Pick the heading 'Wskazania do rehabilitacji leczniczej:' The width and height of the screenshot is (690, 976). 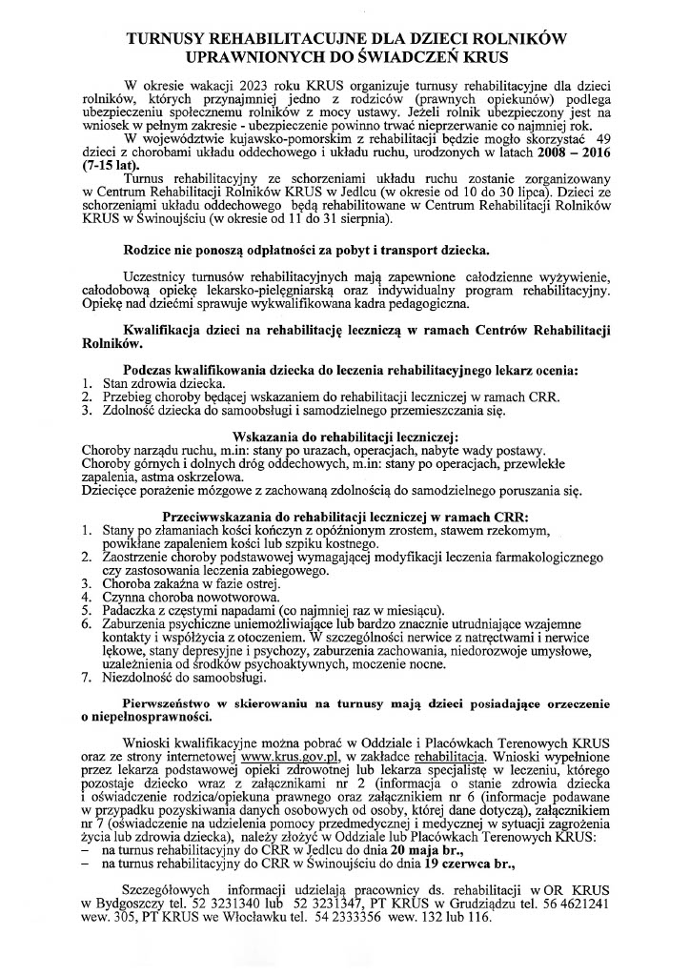(344, 436)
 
